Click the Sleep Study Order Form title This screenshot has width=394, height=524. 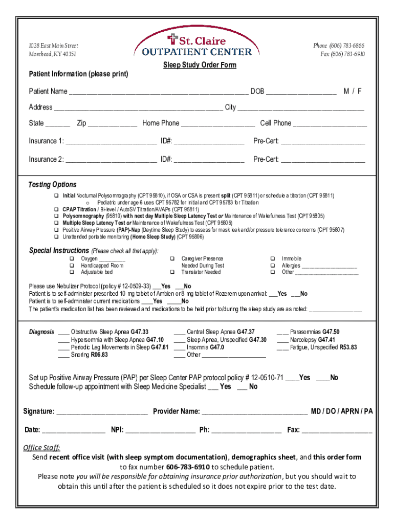[x=200, y=65]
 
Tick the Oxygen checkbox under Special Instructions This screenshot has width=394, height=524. [x=72, y=259]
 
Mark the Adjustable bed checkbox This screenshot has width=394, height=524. [x=72, y=272]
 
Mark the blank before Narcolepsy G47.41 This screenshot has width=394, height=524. [x=283, y=339]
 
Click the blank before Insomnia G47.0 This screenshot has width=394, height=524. [x=180, y=347]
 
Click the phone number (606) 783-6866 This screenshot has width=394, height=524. [x=339, y=46]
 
